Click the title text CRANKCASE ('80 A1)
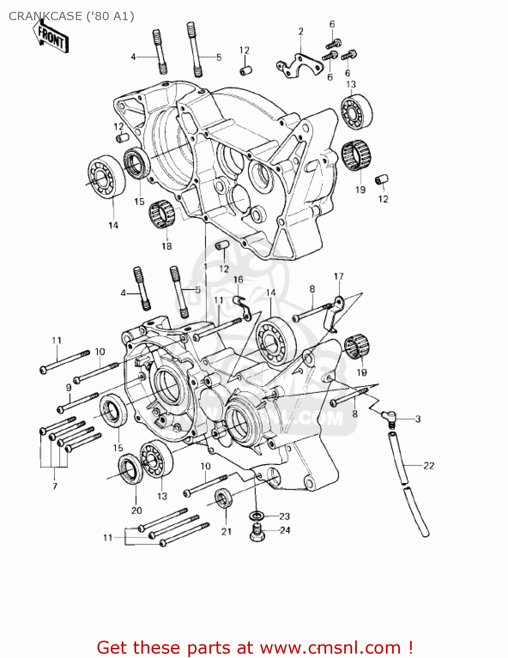(x=71, y=16)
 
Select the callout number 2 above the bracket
(x=301, y=32)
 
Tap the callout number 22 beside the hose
(x=429, y=465)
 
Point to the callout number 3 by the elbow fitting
(x=418, y=419)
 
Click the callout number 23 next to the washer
(x=285, y=516)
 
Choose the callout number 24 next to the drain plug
(x=285, y=530)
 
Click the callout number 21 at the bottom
(x=226, y=531)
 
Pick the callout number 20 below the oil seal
(x=137, y=510)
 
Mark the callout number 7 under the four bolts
(x=55, y=486)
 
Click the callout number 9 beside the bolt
(x=68, y=387)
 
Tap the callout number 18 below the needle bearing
(x=166, y=246)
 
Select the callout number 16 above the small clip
(x=238, y=279)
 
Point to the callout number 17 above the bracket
(x=339, y=276)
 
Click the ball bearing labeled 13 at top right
(x=357, y=112)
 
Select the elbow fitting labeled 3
(x=386, y=415)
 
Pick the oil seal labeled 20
(x=130, y=470)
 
